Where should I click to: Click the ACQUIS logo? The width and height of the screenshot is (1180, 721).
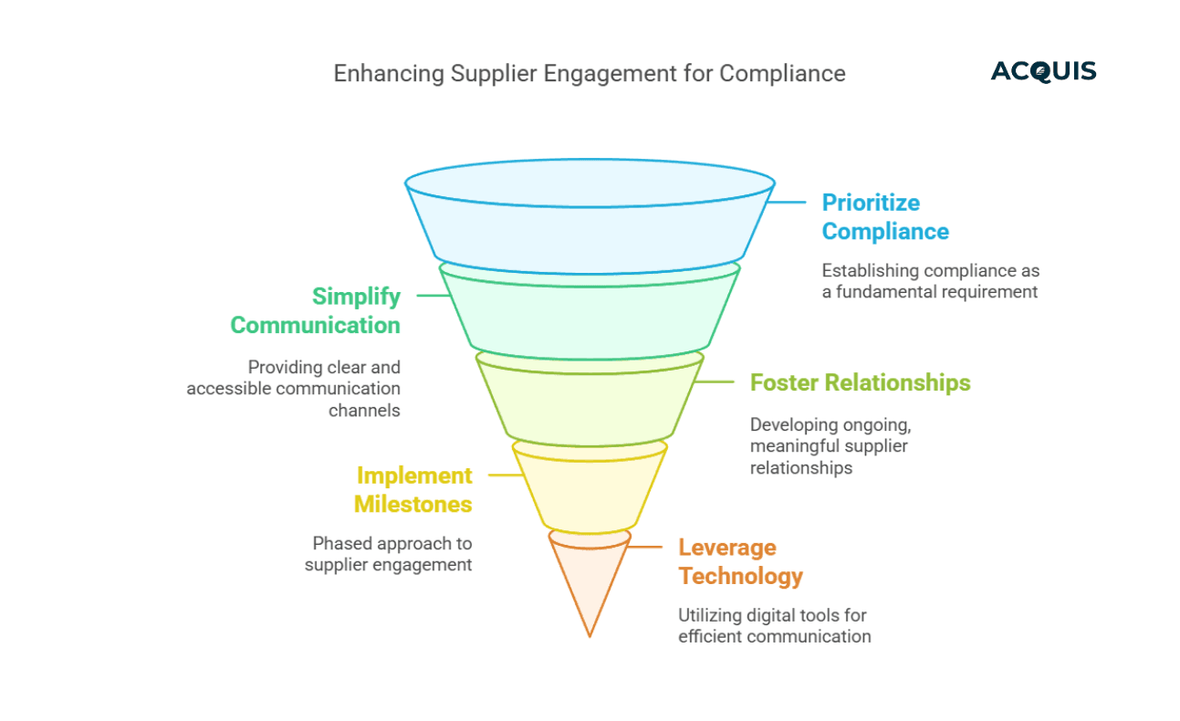tap(1043, 71)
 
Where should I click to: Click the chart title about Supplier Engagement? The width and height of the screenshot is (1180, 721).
tap(589, 73)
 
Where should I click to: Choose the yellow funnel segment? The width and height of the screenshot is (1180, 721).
tap(590, 488)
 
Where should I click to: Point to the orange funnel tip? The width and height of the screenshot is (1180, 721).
tap(590, 584)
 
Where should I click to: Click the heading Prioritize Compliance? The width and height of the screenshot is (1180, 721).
tap(884, 216)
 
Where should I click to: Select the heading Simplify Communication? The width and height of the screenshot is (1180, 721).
tap(315, 310)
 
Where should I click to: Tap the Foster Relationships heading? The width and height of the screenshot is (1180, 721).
tap(860, 381)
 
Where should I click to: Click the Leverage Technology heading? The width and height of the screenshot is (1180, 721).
tap(740, 561)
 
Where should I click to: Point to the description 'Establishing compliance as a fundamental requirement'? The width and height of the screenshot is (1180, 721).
tap(930, 281)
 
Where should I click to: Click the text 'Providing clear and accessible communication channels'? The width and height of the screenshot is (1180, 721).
tap(294, 389)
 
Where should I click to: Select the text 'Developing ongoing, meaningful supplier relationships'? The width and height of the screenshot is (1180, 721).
tap(829, 446)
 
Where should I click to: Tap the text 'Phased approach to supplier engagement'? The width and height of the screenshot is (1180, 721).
tap(389, 554)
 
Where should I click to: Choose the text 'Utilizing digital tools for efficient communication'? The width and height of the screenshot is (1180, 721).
tap(774, 625)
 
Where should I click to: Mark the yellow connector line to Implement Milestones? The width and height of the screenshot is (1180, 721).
tap(503, 475)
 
